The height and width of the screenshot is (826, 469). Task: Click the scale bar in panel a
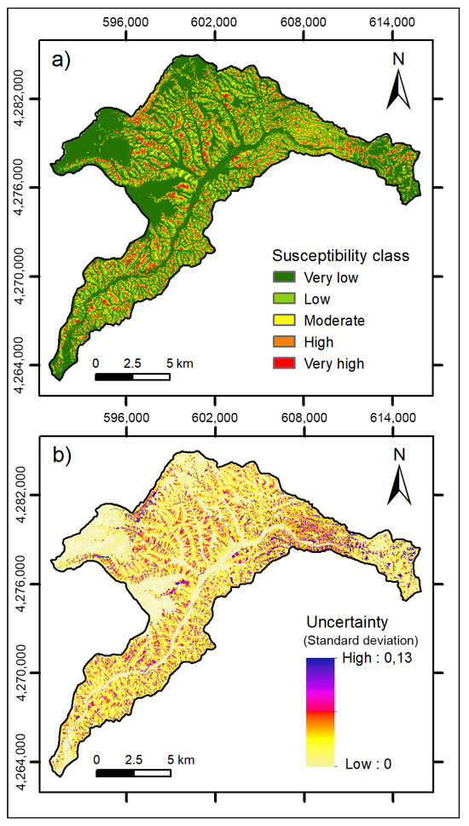(132, 376)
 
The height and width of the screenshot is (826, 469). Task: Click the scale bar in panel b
(132, 773)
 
